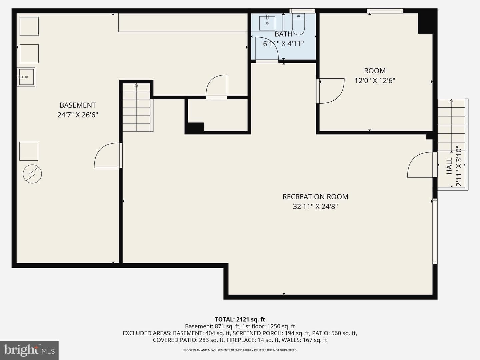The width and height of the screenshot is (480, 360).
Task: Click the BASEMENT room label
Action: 78,105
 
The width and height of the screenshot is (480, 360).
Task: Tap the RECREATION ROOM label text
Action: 315,197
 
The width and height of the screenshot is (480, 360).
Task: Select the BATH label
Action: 283,34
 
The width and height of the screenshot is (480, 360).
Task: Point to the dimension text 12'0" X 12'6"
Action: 375,81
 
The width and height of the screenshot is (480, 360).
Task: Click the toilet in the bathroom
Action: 298,24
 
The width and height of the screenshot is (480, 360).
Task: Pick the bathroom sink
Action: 267,23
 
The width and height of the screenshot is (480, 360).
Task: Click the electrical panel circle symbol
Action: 32,174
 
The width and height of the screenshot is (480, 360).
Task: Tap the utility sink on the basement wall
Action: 26,77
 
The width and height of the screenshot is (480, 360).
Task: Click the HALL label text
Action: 449,166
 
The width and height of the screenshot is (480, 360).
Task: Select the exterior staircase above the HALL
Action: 451,125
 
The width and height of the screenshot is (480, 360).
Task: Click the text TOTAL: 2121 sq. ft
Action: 240,320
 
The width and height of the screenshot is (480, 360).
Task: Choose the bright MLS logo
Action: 29,350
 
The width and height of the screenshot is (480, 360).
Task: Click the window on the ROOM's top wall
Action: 385,11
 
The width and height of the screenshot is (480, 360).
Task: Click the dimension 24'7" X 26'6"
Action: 78,115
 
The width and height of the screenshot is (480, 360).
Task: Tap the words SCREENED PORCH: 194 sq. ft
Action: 271,333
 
